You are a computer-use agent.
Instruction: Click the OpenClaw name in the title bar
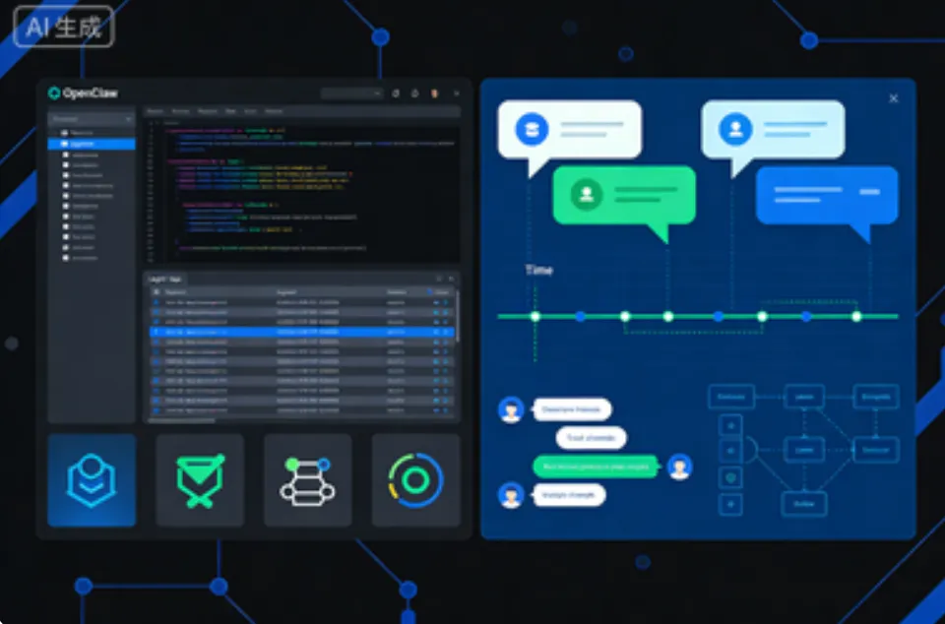click(x=90, y=94)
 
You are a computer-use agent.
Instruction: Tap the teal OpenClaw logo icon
click(x=54, y=94)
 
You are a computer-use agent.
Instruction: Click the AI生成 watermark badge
click(x=64, y=28)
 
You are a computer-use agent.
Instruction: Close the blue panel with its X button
click(x=893, y=98)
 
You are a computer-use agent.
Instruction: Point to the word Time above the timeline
click(x=538, y=270)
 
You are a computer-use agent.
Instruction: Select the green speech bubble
click(x=624, y=195)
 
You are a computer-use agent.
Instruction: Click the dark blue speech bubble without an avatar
click(x=827, y=195)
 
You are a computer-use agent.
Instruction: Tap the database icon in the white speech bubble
click(x=533, y=129)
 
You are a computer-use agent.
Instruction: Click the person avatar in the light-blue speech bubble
click(x=734, y=129)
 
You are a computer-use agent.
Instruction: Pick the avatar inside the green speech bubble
click(x=587, y=193)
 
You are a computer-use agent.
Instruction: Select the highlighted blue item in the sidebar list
click(x=92, y=144)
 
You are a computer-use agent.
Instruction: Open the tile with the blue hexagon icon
click(x=92, y=480)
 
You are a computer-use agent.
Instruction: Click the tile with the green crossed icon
click(x=200, y=480)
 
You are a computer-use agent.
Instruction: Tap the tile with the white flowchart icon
click(x=307, y=480)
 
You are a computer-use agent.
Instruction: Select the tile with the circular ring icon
click(x=415, y=480)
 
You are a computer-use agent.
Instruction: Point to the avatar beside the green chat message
click(x=679, y=467)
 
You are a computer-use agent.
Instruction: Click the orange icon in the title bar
click(x=434, y=94)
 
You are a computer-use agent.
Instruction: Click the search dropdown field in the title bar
click(x=351, y=94)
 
